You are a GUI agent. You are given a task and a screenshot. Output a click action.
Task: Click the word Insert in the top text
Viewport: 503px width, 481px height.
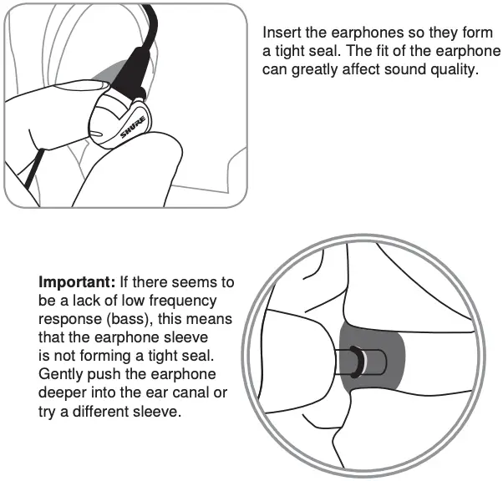click(282, 33)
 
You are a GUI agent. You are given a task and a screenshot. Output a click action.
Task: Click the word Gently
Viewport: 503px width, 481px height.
click(60, 375)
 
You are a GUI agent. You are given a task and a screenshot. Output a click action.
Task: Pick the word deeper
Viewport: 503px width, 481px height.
click(62, 393)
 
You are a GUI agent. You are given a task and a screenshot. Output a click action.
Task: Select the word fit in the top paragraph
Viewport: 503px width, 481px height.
click(414, 52)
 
